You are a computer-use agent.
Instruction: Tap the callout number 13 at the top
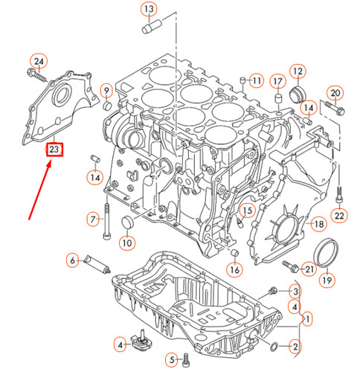(150, 10)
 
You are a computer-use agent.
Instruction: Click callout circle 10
(126, 241)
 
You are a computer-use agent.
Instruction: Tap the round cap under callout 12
(300, 94)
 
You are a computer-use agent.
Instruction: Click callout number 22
(339, 216)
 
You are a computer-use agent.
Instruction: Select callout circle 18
(318, 223)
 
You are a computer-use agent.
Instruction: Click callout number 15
(248, 211)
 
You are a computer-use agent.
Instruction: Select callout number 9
(106, 91)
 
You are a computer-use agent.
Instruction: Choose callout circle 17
(277, 80)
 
